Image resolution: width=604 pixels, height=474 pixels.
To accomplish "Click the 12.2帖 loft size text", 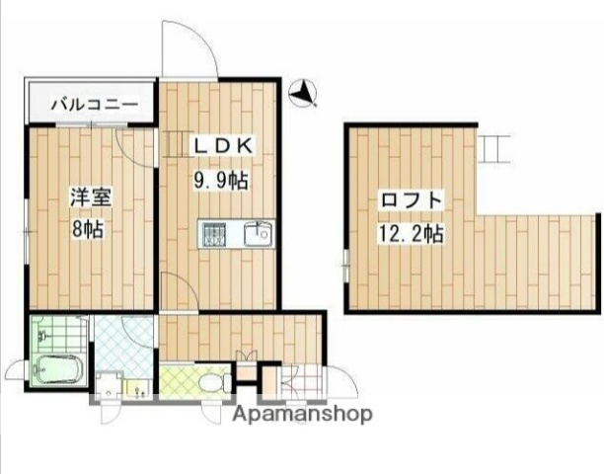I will pyautogui.click(x=411, y=235).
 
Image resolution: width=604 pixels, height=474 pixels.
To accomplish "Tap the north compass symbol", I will pyautogui.click(x=303, y=94).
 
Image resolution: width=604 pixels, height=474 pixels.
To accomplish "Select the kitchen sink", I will pyautogui.click(x=259, y=234).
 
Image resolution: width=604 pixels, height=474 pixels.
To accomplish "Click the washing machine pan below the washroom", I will pyautogui.click(x=108, y=385).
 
